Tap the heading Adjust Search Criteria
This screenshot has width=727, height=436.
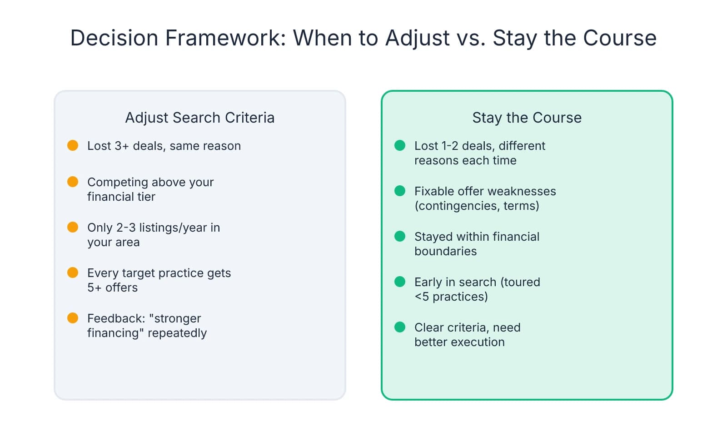click(200, 118)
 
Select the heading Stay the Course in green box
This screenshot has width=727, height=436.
click(527, 118)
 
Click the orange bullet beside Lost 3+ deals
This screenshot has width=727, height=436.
click(73, 145)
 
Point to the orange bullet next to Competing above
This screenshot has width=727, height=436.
click(73, 182)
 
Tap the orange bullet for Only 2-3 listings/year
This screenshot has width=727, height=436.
click(73, 227)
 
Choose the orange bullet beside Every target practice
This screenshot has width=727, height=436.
click(73, 272)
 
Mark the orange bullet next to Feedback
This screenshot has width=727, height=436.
click(73, 318)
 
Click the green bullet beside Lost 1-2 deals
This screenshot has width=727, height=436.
click(400, 145)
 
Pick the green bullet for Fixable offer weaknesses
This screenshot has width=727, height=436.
click(400, 191)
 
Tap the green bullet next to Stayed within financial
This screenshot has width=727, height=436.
click(400, 236)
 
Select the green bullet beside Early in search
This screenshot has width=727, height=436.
click(400, 282)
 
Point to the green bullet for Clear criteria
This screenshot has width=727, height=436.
click(400, 327)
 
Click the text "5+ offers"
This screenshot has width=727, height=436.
click(112, 287)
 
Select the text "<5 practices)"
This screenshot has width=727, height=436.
click(451, 297)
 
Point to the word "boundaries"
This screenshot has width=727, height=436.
click(445, 251)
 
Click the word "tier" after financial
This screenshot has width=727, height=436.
click(146, 197)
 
